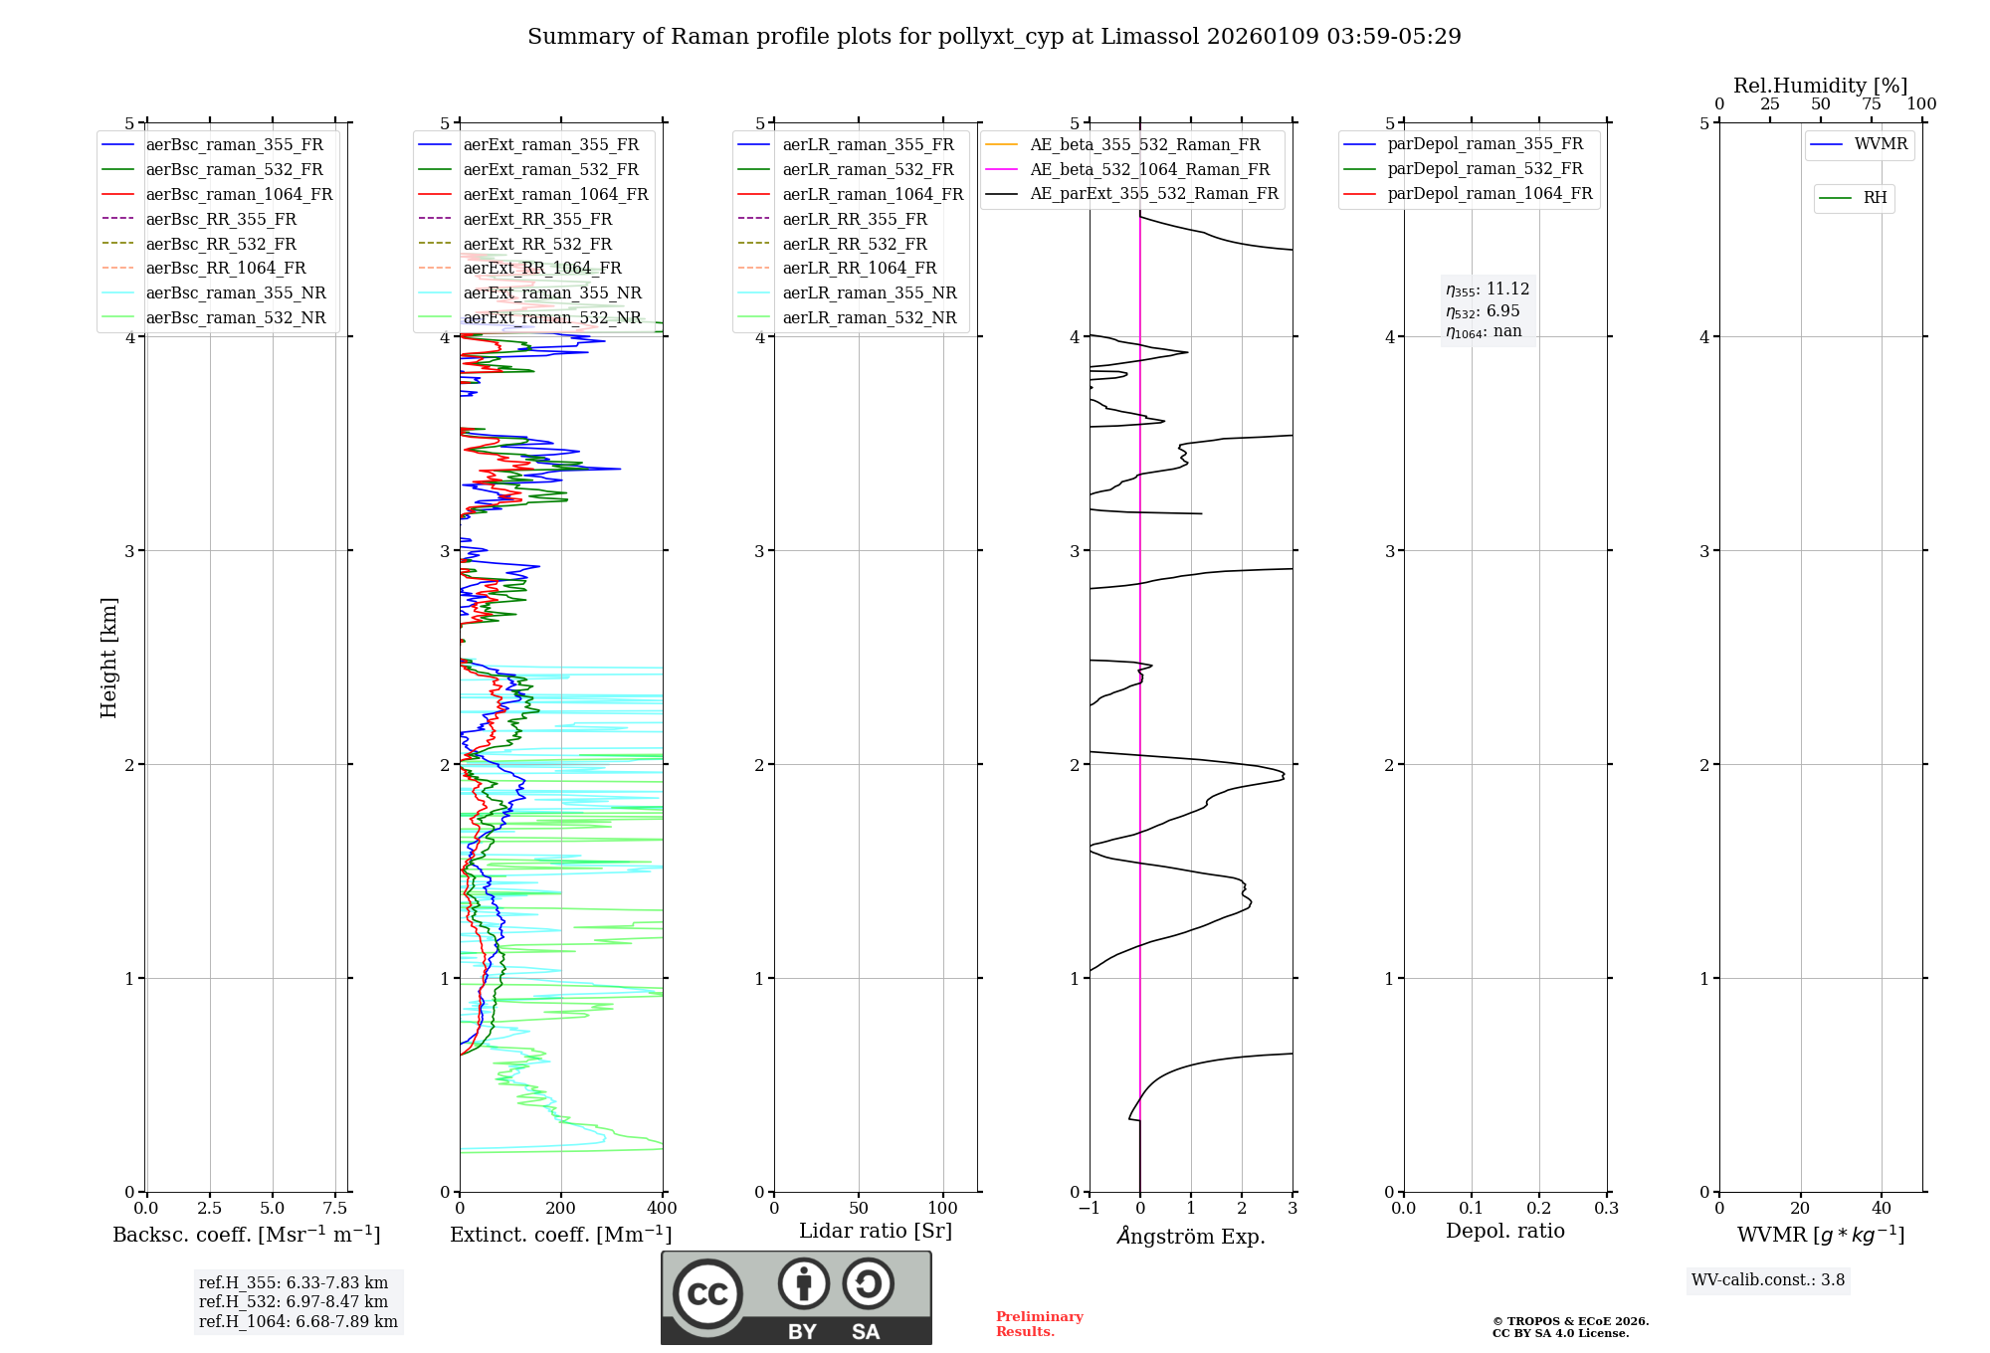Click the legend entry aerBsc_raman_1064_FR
pos(239,194)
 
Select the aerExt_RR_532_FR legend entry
pos(537,244)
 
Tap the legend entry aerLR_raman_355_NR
pos(870,292)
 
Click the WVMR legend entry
pos(1881,144)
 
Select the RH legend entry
pos(1875,198)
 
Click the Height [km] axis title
pos(108,658)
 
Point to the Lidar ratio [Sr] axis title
pos(876,1231)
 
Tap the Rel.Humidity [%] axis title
pos(1820,86)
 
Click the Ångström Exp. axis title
pos(1191,1236)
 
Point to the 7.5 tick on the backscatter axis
pos(335,1208)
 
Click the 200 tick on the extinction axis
pos(561,1208)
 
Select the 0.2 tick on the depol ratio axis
pos(1539,1208)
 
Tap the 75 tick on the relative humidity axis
pos(1871,103)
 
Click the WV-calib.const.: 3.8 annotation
pos(1768,1279)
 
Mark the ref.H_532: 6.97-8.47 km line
pos(294,1301)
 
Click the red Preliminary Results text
pos(1039,1323)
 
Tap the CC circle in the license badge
pos(707,1293)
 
